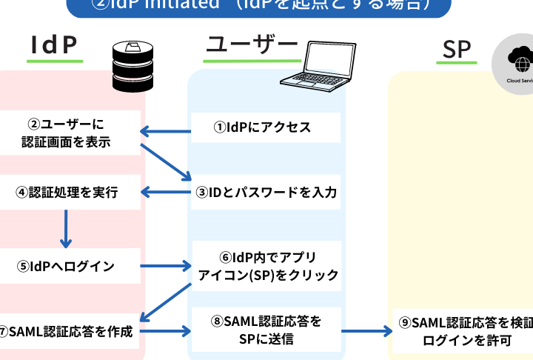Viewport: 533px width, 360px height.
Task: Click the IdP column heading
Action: (54, 46)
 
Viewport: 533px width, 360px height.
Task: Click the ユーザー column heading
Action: (251, 45)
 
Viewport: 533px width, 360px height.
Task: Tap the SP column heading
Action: (457, 49)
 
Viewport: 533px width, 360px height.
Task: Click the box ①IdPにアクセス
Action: (266, 127)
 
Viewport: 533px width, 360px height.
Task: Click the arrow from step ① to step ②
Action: (166, 133)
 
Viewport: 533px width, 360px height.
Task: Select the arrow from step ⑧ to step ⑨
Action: (366, 330)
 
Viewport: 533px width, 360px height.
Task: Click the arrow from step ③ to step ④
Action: (166, 193)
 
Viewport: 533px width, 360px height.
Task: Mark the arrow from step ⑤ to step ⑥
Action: (166, 265)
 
